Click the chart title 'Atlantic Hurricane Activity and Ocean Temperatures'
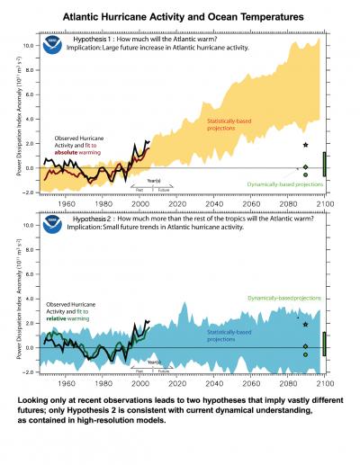pyautogui.click(x=180, y=16)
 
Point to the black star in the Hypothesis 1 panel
pyautogui.click(x=306, y=145)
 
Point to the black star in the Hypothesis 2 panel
pyautogui.click(x=306, y=324)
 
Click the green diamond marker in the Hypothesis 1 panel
pyautogui.click(x=306, y=167)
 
